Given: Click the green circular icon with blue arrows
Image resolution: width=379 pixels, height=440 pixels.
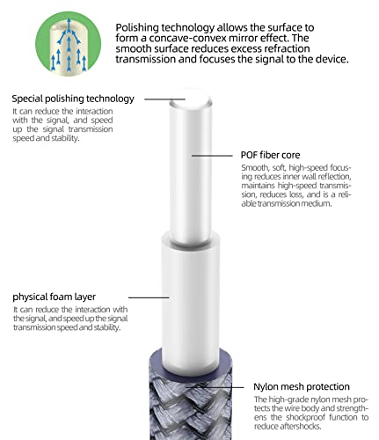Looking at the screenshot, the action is point(68,43).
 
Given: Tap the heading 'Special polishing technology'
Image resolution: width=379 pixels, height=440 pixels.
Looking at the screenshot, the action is point(73,99).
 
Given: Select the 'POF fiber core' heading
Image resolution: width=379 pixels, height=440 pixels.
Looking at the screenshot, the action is point(270,155).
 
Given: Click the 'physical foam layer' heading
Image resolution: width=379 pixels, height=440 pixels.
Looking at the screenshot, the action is point(55,297).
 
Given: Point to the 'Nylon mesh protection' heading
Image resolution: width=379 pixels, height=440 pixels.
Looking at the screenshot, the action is point(302,386).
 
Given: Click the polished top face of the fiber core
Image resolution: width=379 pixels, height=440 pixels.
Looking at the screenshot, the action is point(191,99).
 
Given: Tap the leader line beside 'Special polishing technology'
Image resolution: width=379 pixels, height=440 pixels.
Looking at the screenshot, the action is point(164,99).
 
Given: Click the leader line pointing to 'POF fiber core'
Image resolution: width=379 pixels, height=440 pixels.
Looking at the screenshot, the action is point(212,156).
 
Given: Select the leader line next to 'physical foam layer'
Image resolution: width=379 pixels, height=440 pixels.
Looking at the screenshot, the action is point(149,297).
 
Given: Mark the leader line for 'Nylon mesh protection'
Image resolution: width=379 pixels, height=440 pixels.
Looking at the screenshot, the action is point(215,387).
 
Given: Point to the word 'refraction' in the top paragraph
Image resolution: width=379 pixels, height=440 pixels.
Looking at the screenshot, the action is point(287,48).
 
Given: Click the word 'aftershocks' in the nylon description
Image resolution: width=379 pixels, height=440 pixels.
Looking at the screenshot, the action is point(301,426).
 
